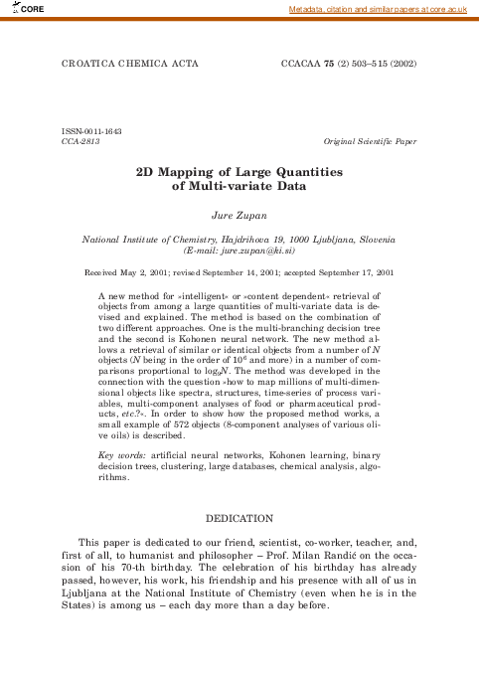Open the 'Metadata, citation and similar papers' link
pos(377,9)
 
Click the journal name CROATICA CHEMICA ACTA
pos(129,63)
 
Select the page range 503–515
pos(366,63)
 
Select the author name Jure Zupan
pos(239,214)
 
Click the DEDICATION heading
pos(239,518)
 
